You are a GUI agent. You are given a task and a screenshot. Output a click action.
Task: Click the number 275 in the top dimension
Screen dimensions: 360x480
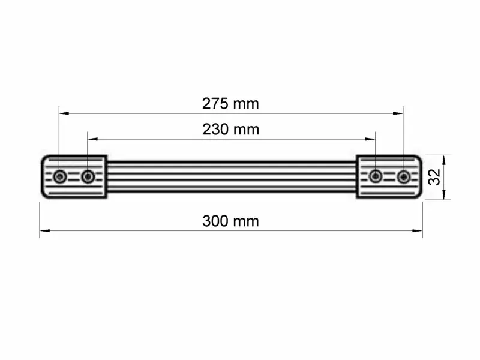click(214, 103)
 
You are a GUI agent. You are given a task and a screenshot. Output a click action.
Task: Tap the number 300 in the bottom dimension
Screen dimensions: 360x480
click(215, 221)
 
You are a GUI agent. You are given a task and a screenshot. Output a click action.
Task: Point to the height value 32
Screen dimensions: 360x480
click(435, 176)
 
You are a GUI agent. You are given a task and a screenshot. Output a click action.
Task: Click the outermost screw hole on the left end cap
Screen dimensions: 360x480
click(59, 176)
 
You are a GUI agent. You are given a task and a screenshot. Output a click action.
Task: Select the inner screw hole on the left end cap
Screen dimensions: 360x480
click(88, 176)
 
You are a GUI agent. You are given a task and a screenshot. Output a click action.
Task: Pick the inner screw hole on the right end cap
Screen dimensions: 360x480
click(376, 176)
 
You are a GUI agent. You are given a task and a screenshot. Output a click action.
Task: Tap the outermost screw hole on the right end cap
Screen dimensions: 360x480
click(404, 176)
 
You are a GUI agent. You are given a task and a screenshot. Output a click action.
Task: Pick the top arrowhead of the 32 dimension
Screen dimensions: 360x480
click(444, 158)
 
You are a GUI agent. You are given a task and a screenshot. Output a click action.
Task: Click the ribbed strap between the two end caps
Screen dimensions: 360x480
click(231, 176)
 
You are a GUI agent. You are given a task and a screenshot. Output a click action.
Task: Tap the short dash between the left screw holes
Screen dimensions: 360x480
click(74, 176)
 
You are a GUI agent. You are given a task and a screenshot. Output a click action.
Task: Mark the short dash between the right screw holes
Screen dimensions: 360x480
click(390, 176)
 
